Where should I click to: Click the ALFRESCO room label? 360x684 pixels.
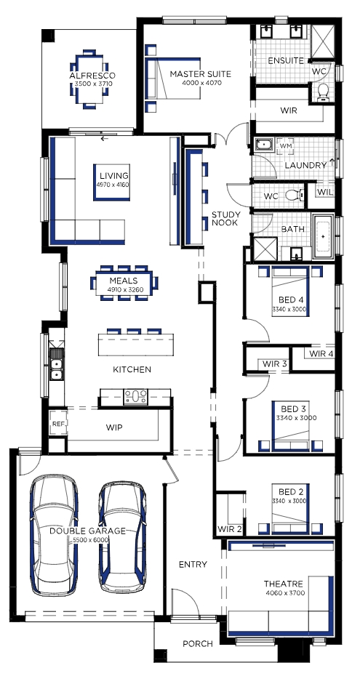pyautogui.click(x=92, y=76)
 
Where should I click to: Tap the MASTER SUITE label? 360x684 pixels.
pyautogui.click(x=200, y=74)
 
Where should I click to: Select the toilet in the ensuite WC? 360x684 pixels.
pyautogui.click(x=323, y=92)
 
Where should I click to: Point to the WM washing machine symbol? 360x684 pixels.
pyautogui.click(x=285, y=145)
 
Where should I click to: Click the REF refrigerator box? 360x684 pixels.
pyautogui.click(x=58, y=423)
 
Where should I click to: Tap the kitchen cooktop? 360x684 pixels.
pyautogui.click(x=136, y=397)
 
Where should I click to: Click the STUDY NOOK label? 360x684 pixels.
pyautogui.click(x=225, y=219)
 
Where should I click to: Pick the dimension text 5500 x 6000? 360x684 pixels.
pyautogui.click(x=87, y=539)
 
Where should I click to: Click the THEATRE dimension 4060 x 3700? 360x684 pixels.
pyautogui.click(x=285, y=593)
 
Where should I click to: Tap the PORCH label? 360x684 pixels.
pyautogui.click(x=198, y=643)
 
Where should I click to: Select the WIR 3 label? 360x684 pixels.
pyautogui.click(x=275, y=364)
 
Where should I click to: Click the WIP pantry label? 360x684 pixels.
pyautogui.click(x=114, y=427)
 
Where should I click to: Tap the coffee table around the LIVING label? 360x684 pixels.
pyautogui.click(x=112, y=182)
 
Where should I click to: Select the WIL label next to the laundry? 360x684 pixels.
pyautogui.click(x=324, y=192)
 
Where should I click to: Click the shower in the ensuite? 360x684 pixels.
pyautogui.click(x=323, y=42)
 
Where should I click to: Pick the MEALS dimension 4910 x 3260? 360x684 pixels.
pyautogui.click(x=124, y=289)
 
